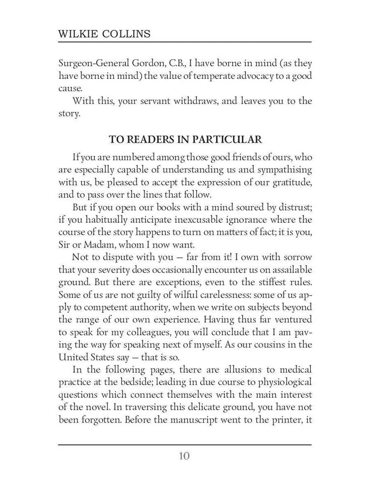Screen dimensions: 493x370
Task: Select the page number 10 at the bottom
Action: point(184,455)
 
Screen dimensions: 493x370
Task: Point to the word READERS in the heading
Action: point(148,139)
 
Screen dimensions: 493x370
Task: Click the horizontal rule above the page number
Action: point(185,445)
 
